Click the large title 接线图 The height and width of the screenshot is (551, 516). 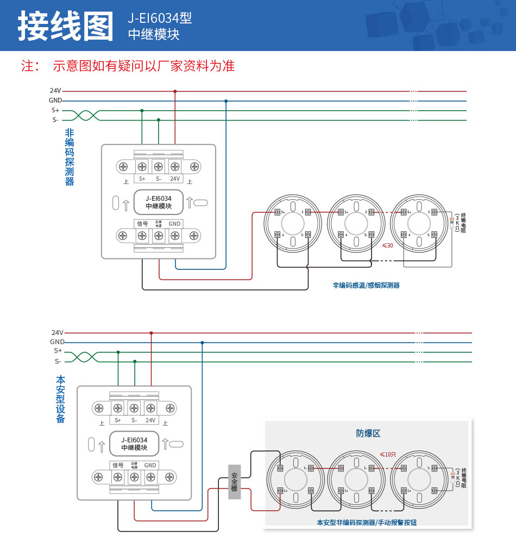pos(66,26)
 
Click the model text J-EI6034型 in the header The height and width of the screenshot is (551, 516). pos(160,18)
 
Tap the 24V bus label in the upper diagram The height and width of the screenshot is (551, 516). pos(55,91)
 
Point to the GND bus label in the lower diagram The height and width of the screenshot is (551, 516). pos(57,342)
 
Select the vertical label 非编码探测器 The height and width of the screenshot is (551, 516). pos(70,157)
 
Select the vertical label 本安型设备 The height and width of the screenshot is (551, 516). pos(60,400)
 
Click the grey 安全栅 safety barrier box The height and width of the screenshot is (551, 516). pos(234,482)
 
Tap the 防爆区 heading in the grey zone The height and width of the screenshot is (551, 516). pos(368,433)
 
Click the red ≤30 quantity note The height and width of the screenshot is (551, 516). pos(388,245)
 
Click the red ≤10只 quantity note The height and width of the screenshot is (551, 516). pos(388,454)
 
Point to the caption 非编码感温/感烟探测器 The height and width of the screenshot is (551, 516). pos(366,285)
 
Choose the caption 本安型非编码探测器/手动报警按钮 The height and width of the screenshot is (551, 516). pos(367,523)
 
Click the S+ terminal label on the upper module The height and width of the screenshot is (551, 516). pos(142,179)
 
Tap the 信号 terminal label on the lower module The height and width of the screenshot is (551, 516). pos(118,465)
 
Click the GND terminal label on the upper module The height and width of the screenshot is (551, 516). pos(174,224)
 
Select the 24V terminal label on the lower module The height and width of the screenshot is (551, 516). pos(150,420)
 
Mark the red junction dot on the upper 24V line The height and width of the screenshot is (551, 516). pos(175,91)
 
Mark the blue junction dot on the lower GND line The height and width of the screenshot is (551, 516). pos(202,343)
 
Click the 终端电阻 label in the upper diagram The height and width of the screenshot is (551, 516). pos(463,223)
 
